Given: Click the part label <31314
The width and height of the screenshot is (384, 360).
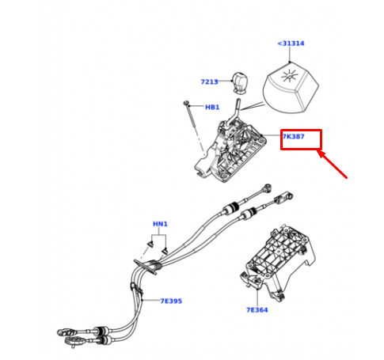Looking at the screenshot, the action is click(291, 44).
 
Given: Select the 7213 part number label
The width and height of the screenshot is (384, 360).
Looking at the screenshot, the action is click(209, 81).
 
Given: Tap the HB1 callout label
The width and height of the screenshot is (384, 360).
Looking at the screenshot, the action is click(212, 108).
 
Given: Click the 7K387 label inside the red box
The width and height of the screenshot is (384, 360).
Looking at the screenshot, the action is click(294, 137).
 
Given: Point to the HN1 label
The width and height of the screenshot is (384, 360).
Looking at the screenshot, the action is click(160, 224).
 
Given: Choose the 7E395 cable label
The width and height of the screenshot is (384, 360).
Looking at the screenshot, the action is click(171, 301).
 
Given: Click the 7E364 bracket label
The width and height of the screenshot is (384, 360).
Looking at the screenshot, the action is click(257, 310).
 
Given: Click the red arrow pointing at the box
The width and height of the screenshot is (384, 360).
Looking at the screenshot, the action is click(333, 165).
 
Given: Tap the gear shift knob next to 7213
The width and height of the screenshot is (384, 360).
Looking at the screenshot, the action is click(240, 82).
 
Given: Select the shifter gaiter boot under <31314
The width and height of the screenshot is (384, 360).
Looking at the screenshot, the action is click(291, 88).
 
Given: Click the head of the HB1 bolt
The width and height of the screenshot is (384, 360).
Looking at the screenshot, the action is click(186, 103).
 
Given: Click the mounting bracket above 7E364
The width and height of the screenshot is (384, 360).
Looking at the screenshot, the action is click(279, 263).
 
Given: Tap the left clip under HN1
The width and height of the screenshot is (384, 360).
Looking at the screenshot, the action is click(151, 244).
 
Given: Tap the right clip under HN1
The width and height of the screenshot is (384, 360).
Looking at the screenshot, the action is click(165, 251).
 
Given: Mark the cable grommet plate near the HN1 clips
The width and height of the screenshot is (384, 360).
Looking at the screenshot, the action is click(146, 267).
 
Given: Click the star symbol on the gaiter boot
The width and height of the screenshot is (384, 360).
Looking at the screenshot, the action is click(290, 77).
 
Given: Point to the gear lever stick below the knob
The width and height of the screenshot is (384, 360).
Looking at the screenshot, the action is click(234, 113).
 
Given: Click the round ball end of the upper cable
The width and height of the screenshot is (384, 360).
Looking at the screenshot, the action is click(268, 187).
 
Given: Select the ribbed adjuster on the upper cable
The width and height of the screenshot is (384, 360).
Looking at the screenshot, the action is click(231, 208).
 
